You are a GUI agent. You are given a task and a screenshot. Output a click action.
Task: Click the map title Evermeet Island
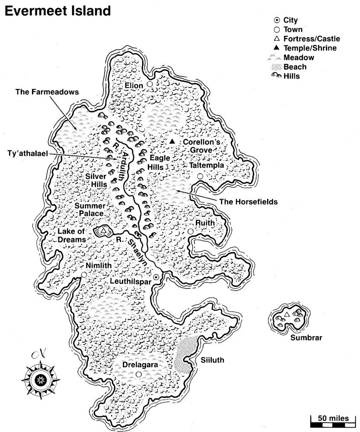tap(57, 10)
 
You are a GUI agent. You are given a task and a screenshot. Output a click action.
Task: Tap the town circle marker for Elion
tap(150, 84)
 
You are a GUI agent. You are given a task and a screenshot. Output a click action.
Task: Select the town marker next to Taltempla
tap(200, 176)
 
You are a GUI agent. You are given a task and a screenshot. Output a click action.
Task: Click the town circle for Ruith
tap(191, 232)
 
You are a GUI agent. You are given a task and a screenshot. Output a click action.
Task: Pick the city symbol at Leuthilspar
tap(156, 277)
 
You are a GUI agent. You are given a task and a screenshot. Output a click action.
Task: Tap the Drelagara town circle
tap(138, 374)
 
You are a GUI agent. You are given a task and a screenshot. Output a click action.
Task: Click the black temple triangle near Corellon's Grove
tap(172, 142)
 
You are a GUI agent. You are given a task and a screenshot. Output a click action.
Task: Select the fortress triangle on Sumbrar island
tap(286, 314)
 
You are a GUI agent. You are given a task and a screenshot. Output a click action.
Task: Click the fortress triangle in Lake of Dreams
tap(104, 232)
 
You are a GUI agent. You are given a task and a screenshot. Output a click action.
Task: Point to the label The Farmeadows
tap(47, 92)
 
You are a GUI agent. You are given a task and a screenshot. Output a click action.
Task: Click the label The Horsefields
tap(248, 201)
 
